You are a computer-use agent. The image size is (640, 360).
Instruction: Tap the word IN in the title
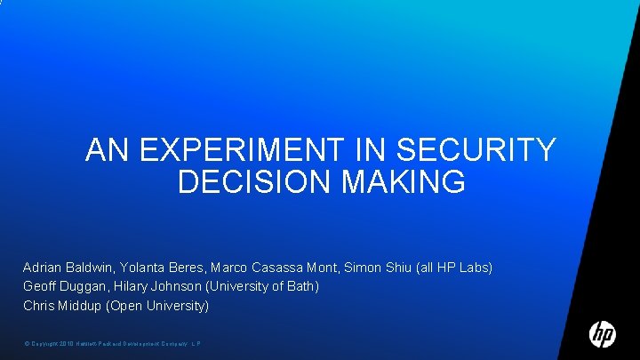tap(371, 150)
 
